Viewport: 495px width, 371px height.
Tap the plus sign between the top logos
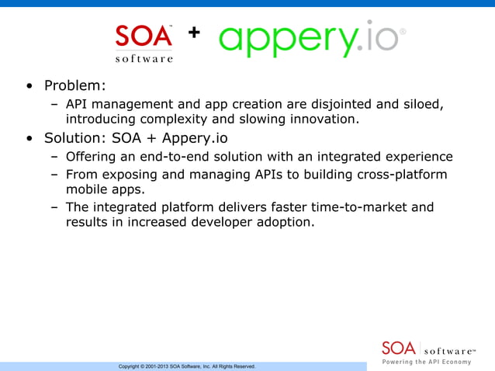coord(193,33)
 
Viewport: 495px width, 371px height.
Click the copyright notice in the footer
coord(186,366)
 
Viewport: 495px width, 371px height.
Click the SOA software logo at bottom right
coord(429,347)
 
